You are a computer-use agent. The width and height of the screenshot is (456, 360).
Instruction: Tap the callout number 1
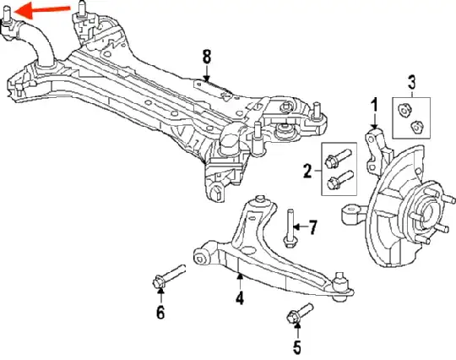click(x=373, y=105)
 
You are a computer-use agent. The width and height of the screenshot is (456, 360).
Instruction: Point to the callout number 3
click(x=412, y=82)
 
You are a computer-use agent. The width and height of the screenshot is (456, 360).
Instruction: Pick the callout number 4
click(x=240, y=297)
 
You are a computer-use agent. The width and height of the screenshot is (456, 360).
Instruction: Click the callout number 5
click(x=296, y=346)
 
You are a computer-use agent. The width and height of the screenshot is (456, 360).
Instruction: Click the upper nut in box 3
click(x=403, y=108)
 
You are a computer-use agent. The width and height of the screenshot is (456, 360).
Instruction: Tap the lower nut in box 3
click(x=415, y=127)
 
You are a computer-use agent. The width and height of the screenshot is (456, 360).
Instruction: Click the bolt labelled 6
click(x=169, y=277)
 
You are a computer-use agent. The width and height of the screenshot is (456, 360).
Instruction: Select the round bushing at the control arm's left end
click(x=202, y=253)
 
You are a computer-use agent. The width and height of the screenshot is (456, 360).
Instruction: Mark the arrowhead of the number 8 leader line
click(x=207, y=80)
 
